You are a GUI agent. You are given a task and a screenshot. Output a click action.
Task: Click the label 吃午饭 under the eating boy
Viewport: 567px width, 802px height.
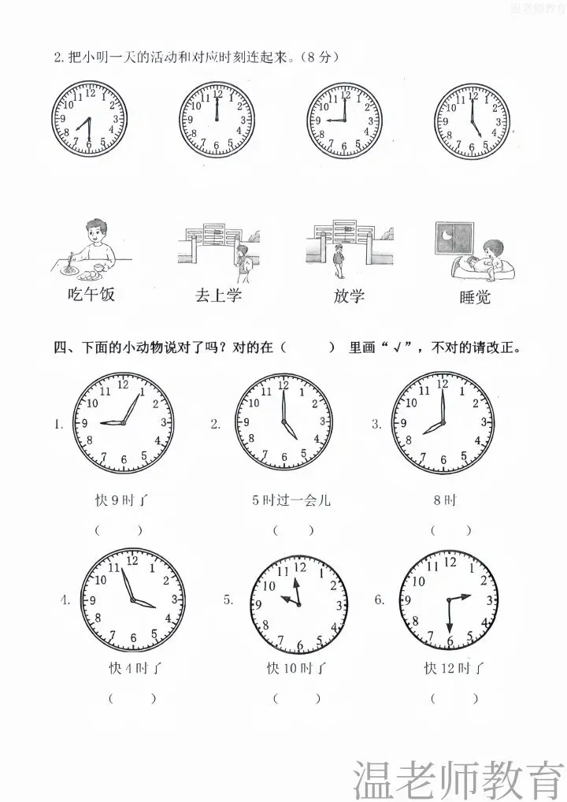point(91,294)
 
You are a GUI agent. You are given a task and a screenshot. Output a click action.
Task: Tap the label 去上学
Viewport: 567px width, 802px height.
point(218,295)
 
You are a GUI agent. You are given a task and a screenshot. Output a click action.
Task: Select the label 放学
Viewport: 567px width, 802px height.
point(349,295)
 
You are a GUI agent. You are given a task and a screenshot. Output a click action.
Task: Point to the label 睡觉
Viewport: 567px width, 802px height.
point(475,297)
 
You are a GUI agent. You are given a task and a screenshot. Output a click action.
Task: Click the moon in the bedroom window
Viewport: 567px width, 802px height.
point(447,236)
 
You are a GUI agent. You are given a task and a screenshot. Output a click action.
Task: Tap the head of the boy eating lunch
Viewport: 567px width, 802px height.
point(95,231)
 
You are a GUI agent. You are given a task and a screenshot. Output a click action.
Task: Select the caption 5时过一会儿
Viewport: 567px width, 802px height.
point(291,499)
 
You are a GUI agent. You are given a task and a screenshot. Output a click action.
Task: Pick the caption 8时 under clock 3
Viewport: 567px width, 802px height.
point(445,499)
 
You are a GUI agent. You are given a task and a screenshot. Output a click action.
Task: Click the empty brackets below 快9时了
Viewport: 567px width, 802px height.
point(118,530)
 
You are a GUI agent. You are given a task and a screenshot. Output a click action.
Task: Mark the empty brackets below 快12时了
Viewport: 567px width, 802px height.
point(454,698)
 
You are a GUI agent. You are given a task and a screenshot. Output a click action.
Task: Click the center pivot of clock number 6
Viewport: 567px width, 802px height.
point(448,600)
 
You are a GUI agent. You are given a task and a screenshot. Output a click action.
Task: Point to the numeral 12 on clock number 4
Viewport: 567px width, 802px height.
point(132,561)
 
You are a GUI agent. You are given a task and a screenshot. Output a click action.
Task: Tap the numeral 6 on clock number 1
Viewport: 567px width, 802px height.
point(124,459)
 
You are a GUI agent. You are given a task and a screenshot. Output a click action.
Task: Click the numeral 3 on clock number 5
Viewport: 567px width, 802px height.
point(339,607)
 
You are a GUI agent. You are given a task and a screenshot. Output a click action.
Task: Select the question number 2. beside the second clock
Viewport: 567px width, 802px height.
point(215,424)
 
